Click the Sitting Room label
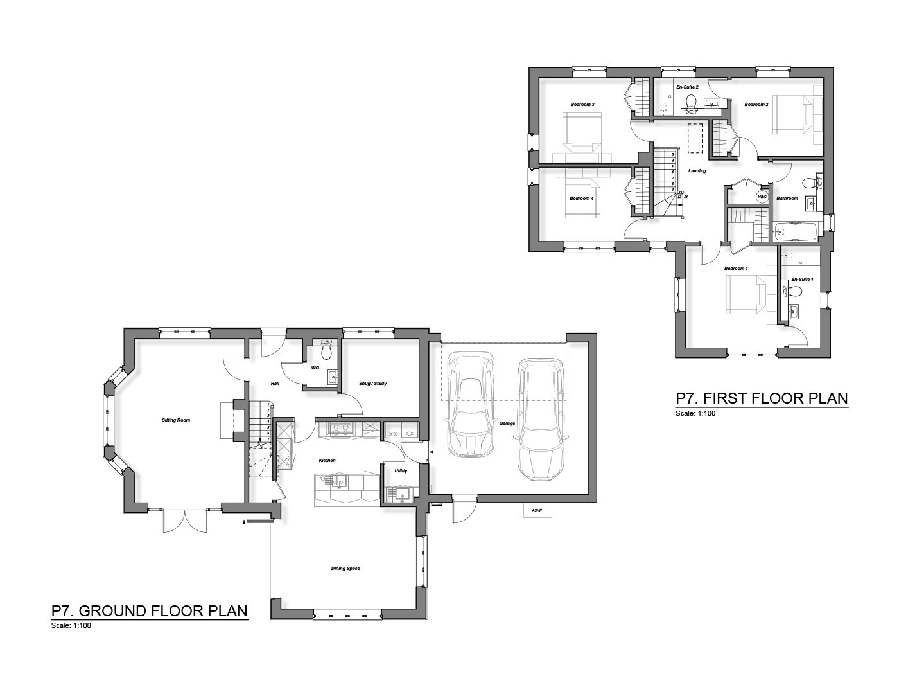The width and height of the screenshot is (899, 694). (x=176, y=420)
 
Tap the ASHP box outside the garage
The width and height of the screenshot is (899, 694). (x=537, y=510)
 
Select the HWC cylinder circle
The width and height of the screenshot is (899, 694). (x=762, y=197)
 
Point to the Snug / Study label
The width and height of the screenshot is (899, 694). (x=373, y=384)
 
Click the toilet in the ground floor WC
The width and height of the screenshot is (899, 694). (x=326, y=353)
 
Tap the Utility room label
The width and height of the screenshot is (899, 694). (x=401, y=471)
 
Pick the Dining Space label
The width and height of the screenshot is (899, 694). (x=345, y=568)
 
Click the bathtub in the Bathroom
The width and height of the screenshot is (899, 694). (x=797, y=231)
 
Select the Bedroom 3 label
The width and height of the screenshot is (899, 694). (x=582, y=104)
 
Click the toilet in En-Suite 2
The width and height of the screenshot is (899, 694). (x=692, y=103)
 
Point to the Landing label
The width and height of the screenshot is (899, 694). (x=697, y=171)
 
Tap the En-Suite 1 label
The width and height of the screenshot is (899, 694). (x=803, y=280)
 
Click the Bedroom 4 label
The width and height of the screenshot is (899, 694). (x=581, y=199)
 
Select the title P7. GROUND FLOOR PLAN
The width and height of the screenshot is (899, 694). (x=150, y=610)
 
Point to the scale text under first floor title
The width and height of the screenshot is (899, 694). (x=695, y=413)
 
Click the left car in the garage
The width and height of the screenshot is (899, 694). (x=471, y=405)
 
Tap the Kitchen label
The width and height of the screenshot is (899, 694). (x=327, y=461)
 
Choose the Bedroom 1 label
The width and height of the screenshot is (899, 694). (x=736, y=268)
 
